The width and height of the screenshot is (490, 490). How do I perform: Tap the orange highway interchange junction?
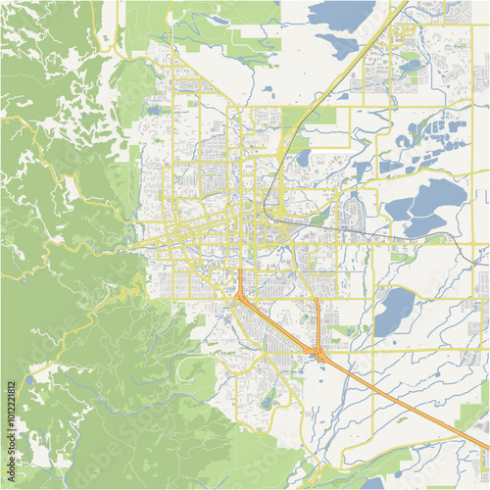[x=318, y=352]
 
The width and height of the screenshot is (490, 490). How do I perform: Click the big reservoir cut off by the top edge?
[x=342, y=13]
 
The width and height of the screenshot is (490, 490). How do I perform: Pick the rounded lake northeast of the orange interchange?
[x=395, y=312]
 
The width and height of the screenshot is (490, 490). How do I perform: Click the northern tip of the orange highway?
[x=239, y=271]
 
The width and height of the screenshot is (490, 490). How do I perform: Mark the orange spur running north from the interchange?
[x=318, y=323]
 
